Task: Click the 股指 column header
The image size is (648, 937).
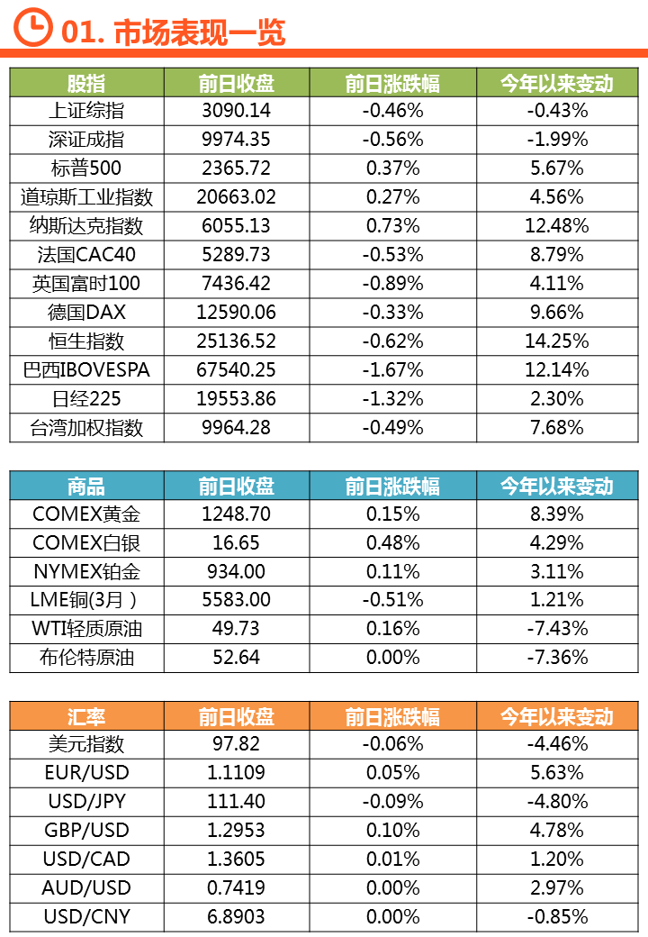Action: tap(86, 83)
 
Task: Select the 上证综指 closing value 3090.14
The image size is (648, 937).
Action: tap(237, 111)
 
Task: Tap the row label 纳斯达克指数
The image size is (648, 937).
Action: tap(86, 226)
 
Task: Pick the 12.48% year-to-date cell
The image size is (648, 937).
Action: tap(556, 226)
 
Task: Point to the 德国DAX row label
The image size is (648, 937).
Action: tap(86, 313)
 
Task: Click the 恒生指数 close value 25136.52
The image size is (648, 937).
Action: tap(237, 341)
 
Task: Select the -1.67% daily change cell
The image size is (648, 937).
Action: tap(392, 370)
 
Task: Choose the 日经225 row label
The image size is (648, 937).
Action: tap(86, 399)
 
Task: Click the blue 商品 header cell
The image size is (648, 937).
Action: tap(86, 487)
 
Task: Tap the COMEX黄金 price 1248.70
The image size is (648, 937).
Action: tap(237, 514)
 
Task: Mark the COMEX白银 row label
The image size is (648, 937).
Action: tap(86, 543)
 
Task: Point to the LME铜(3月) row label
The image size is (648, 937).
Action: tap(86, 600)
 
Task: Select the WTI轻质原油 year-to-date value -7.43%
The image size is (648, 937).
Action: tap(556, 629)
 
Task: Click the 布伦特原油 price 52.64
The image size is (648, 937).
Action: tap(237, 658)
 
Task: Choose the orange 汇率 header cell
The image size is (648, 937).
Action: tap(86, 716)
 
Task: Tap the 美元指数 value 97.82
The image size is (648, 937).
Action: tap(237, 744)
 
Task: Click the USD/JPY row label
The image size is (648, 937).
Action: tap(86, 802)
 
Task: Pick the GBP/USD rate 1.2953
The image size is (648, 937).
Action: tap(237, 831)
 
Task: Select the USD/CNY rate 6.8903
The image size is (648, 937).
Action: tap(237, 916)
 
